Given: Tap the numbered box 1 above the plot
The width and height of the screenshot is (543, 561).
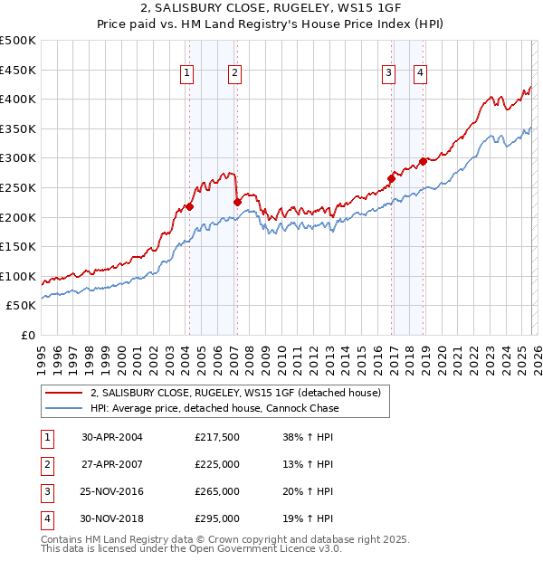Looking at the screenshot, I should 186,74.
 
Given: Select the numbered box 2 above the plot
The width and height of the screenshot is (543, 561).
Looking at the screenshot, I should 234,74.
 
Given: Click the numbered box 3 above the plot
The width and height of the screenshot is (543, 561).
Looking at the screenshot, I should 388,74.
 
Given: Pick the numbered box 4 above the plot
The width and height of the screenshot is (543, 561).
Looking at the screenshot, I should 422,74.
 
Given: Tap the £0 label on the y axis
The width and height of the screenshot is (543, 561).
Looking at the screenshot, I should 28,335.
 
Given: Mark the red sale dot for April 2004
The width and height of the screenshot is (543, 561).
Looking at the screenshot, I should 190,206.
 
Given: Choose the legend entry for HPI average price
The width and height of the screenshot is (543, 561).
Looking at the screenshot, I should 214,408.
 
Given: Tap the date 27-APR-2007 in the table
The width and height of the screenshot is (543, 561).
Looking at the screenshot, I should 112,464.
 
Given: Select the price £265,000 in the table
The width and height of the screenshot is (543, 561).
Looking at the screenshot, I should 217,491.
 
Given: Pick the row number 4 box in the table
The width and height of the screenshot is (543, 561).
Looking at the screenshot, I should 46,518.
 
